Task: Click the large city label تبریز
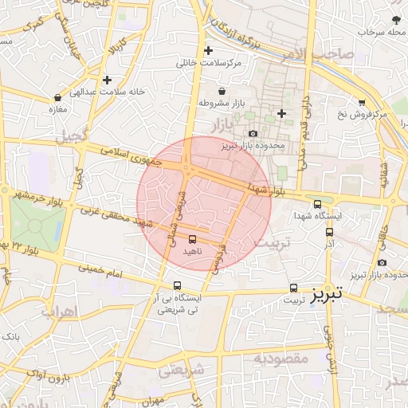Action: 327,293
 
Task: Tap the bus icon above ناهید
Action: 192,238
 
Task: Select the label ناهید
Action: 193,251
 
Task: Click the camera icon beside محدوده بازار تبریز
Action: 253,134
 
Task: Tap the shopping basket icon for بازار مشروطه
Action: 222,91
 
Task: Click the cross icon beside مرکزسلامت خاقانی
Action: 208,50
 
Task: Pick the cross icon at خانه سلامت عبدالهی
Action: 107,80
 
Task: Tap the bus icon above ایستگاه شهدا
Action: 318,204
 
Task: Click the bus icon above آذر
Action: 329,232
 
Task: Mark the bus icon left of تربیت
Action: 294,288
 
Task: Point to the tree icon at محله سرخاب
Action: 396,19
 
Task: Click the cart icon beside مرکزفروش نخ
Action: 362,103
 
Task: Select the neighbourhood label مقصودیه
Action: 280,359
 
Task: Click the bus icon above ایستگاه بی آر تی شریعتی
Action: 177,285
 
